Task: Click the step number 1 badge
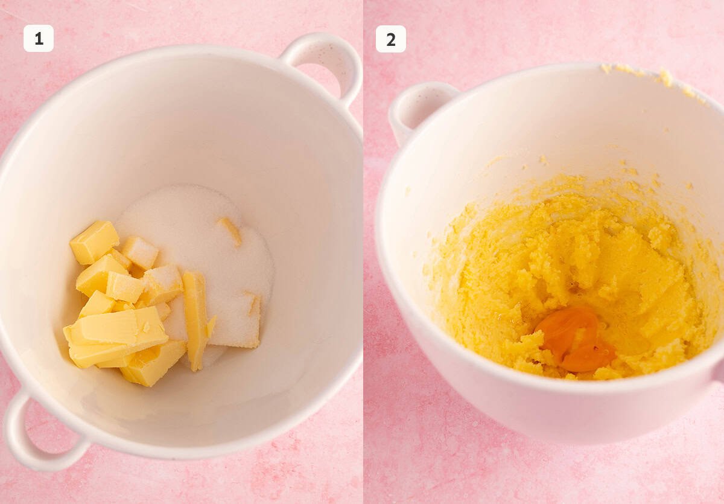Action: coord(39,39)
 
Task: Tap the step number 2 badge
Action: coord(390,39)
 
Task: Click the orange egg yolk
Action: coord(574,338)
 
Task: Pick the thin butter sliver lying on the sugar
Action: coord(230,231)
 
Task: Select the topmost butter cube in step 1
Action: coord(94,241)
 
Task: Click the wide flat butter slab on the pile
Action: coord(118,335)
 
